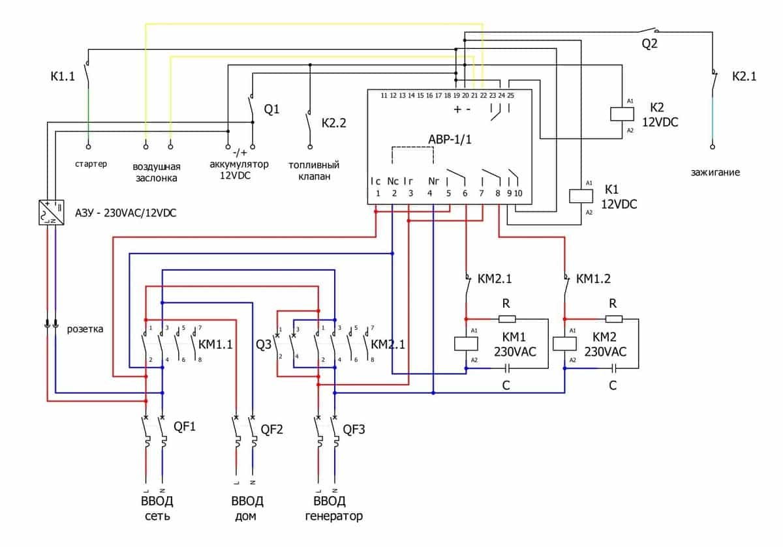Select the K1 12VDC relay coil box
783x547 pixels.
578,196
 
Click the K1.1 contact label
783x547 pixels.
63,76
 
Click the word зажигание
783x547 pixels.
716,173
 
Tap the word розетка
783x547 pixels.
85,329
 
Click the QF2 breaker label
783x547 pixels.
272,428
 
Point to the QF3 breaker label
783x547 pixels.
354,428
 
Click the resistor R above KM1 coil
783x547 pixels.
507,319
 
